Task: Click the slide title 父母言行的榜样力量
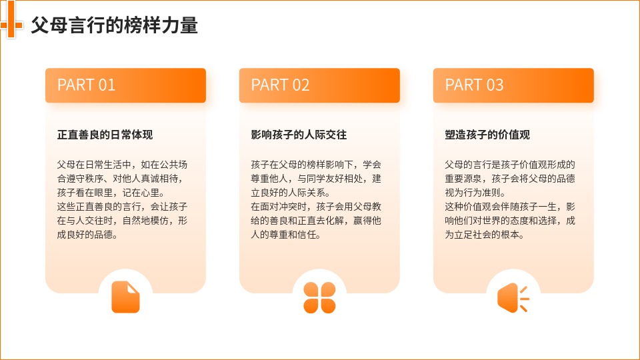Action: point(114,25)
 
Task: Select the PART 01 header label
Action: point(86,85)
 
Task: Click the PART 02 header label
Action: point(280,85)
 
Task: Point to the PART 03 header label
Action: point(474,85)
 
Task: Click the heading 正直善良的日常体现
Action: point(105,135)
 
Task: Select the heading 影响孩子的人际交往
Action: point(299,135)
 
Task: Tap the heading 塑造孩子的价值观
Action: point(487,135)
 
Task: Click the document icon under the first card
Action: point(126,297)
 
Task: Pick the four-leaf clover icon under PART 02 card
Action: point(319,297)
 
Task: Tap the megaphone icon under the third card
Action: point(513,298)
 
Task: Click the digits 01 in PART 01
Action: point(107,85)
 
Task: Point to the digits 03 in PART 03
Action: point(495,85)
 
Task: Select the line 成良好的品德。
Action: point(87,235)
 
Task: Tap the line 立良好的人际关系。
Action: point(291,193)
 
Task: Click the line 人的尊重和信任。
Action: point(286,235)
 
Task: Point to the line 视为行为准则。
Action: point(476,193)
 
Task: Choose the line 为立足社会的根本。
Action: point(485,235)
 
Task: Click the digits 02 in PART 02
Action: point(301,85)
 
